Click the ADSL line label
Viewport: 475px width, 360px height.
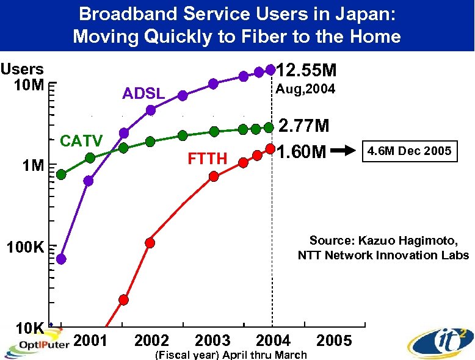[143, 94]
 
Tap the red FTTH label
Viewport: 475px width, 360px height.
[208, 160]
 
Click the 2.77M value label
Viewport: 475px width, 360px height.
[304, 126]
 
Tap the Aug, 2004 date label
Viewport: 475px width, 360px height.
[305, 90]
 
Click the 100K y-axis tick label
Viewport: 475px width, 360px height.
[24, 248]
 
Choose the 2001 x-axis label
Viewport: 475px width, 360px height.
[90, 340]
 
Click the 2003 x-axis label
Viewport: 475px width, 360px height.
[212, 340]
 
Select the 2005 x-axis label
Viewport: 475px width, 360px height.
[335, 340]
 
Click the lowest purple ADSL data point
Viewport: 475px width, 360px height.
[61, 259]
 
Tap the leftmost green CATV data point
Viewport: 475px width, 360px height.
[61, 175]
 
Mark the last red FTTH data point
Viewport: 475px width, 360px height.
[270, 148]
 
